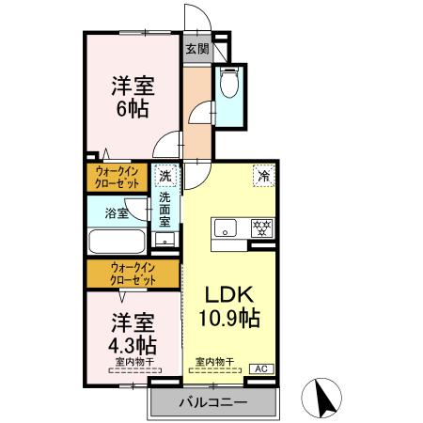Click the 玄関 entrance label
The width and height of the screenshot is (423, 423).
click(x=196, y=50)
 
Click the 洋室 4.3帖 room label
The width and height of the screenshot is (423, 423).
click(x=131, y=331)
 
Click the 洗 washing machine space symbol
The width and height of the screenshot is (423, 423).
click(x=165, y=176)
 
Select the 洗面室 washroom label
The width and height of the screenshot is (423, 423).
click(x=165, y=210)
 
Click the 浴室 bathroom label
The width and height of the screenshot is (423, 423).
click(x=117, y=214)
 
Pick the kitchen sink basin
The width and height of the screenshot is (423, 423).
click(x=227, y=227)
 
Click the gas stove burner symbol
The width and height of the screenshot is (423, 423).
click(x=262, y=227)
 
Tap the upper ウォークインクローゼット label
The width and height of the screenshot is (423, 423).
click(x=118, y=177)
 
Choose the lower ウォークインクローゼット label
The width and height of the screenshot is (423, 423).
click(x=132, y=274)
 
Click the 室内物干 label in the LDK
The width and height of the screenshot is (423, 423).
click(x=214, y=361)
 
